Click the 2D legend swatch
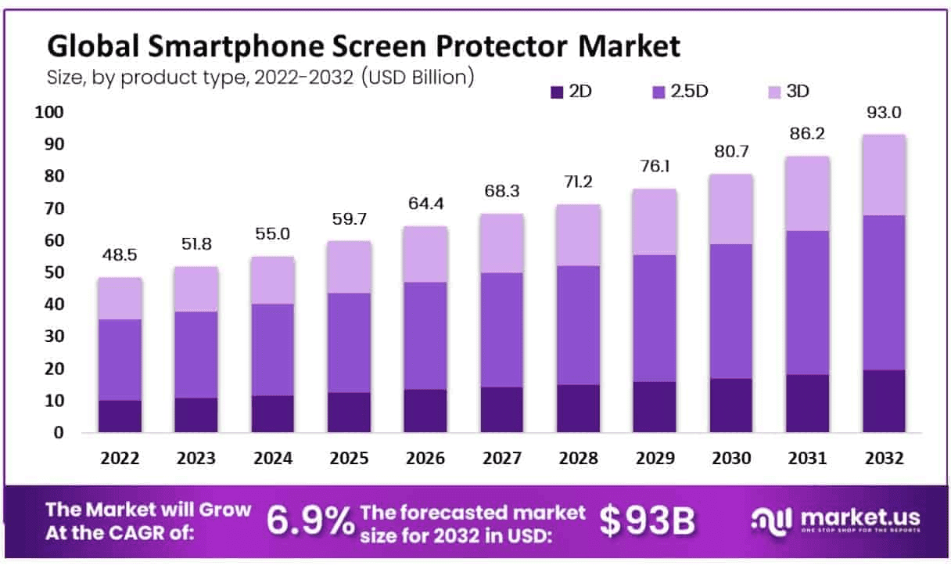[x=557, y=92]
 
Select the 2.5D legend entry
[x=680, y=92]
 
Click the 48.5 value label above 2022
[x=120, y=255]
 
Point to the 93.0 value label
[x=884, y=113]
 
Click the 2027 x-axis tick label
[x=502, y=459]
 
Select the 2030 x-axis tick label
[x=731, y=459]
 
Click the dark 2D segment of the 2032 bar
[x=884, y=401]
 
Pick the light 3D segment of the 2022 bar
[x=120, y=298]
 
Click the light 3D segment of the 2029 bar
[x=655, y=222]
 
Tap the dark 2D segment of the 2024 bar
[x=273, y=413]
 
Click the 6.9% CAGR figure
[x=310, y=521]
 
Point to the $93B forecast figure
[x=648, y=521]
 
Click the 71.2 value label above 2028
[x=579, y=183]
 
